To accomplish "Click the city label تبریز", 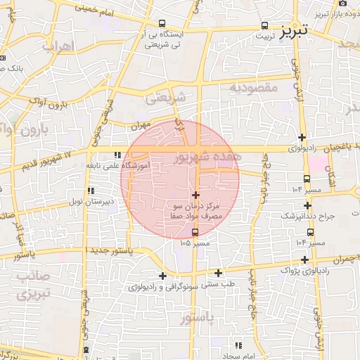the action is [x=294, y=32].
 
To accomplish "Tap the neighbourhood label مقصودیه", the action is [x=255, y=87].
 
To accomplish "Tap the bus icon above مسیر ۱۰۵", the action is [x=195, y=233].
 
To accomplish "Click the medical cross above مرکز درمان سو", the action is [x=195, y=194].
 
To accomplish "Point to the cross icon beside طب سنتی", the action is [x=218, y=273].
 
